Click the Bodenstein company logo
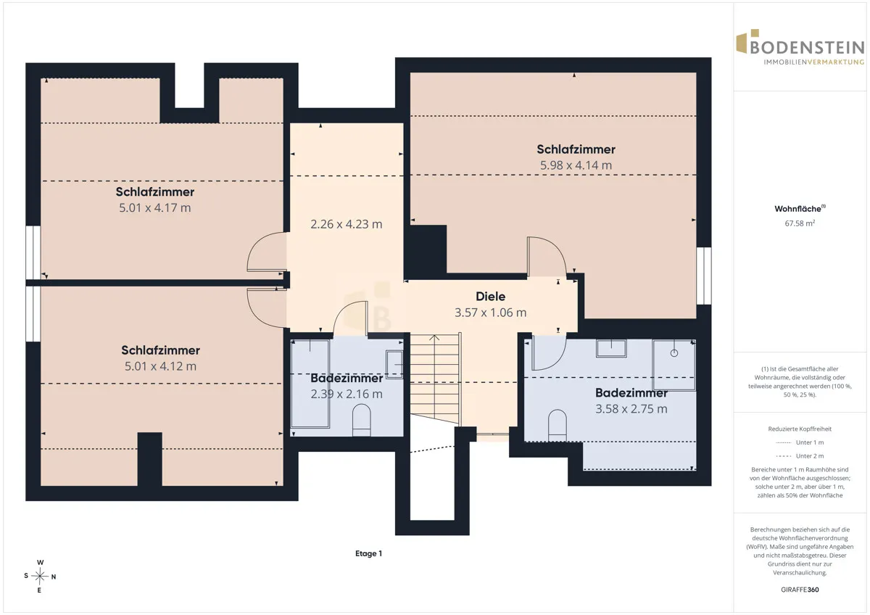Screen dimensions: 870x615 pos(800,47)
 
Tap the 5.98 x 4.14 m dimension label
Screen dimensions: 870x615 pos(576,165)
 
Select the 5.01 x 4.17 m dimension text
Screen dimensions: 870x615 pos(155,208)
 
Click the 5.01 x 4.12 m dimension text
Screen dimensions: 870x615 pos(160,366)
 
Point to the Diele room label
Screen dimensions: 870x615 pos(491,297)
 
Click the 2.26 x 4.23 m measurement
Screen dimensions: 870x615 pos(347,224)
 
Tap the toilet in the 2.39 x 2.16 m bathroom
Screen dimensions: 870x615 pos(361,420)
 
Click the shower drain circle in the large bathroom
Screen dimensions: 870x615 pos(674,353)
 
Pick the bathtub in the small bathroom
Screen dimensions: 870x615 pos(310,384)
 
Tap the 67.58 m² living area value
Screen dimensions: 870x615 pos(800,223)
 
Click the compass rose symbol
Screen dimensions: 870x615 pos(40,576)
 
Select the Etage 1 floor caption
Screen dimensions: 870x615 pos(368,553)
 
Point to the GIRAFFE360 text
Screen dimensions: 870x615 pos(800,590)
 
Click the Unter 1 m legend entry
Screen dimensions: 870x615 pos(800,442)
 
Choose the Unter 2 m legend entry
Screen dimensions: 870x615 pos(800,456)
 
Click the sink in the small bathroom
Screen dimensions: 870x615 pos(394,364)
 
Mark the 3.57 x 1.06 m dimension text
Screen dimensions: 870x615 pos(491,313)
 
